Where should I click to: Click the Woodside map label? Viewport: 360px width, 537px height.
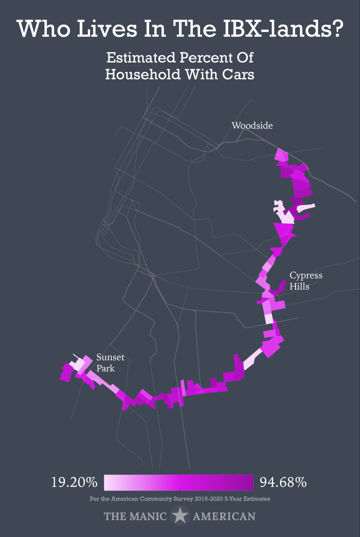point(252,126)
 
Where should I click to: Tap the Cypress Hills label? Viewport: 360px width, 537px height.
point(305,280)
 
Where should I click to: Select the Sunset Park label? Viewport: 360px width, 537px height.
point(110,363)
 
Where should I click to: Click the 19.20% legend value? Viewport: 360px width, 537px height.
point(74,482)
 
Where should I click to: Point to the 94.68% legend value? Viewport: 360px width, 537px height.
point(283,482)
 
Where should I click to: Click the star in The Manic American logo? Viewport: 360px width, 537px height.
point(180,516)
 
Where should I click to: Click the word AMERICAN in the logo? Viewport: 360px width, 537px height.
point(224,516)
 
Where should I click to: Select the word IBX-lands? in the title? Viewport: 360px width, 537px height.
point(283,29)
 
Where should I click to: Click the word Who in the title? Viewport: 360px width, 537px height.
point(43,29)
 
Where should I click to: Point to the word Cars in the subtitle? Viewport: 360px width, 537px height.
point(238,74)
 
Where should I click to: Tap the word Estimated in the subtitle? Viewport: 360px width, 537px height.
point(141,58)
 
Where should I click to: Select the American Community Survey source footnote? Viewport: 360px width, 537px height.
point(180,499)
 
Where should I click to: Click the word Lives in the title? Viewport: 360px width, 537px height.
point(107,29)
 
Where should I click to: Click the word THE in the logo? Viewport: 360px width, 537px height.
point(116,516)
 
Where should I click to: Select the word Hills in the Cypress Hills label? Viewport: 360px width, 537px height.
point(299,286)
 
